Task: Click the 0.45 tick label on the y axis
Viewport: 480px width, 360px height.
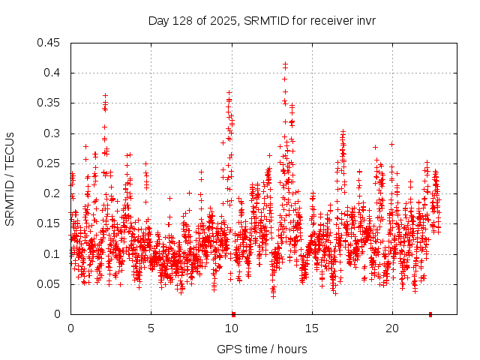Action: click(x=49, y=43)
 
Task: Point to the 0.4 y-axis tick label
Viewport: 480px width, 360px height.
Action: click(x=52, y=73)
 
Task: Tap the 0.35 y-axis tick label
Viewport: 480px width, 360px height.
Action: click(x=49, y=103)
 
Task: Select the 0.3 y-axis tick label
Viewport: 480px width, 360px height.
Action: click(x=52, y=133)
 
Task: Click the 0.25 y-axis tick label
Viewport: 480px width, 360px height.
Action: click(x=49, y=163)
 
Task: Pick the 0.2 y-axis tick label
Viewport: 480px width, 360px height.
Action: click(x=52, y=193)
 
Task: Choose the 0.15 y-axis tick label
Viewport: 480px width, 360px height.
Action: click(x=49, y=223)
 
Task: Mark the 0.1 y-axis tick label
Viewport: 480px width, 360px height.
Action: click(x=52, y=254)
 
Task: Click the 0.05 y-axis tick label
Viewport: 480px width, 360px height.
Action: click(x=49, y=284)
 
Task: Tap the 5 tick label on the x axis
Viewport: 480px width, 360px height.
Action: click(x=151, y=328)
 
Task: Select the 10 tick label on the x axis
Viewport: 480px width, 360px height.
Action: click(x=231, y=328)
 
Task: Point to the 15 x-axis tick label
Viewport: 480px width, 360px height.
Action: click(x=311, y=328)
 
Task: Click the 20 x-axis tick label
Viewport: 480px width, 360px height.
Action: click(x=391, y=328)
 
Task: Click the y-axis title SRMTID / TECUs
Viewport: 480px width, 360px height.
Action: click(x=10, y=178)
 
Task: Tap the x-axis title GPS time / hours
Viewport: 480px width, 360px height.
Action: click(x=262, y=349)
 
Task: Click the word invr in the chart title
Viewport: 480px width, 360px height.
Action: click(x=364, y=20)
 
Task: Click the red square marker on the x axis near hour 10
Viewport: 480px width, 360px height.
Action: click(x=233, y=314)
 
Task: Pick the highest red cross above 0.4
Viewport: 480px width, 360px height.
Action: click(x=286, y=64)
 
